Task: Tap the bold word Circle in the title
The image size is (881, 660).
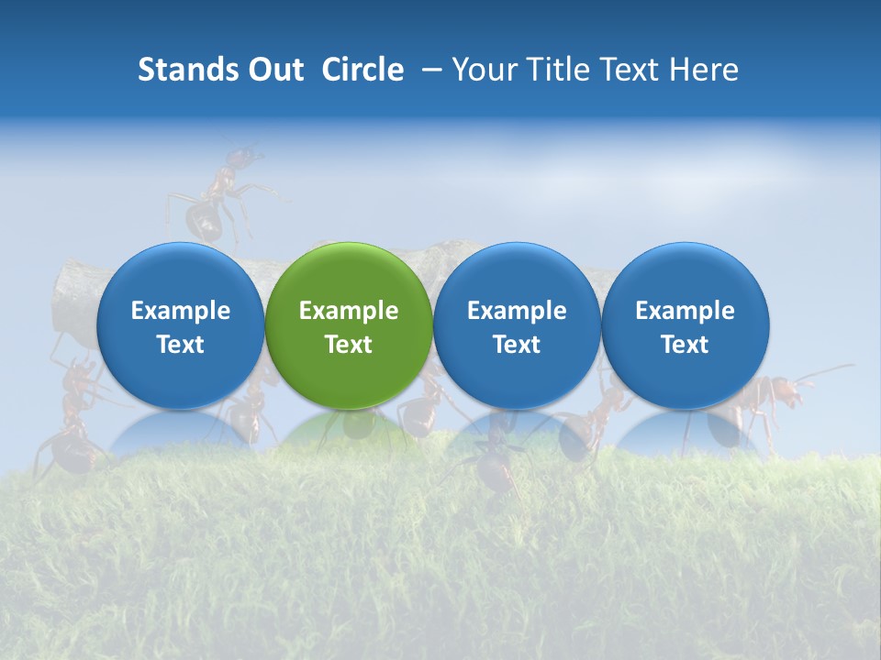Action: [362, 70]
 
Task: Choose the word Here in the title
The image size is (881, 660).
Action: [703, 70]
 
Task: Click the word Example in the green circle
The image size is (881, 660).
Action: [349, 311]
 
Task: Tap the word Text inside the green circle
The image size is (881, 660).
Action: [349, 345]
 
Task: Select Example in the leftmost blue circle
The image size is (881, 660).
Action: [181, 311]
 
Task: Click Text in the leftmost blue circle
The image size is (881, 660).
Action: [181, 345]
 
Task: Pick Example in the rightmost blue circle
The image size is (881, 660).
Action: [685, 311]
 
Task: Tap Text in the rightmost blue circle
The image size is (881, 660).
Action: [685, 345]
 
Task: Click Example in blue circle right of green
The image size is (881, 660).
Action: [517, 311]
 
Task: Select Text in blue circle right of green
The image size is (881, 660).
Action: [517, 345]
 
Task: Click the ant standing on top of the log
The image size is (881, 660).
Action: [216, 197]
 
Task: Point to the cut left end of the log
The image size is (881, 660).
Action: [69, 298]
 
